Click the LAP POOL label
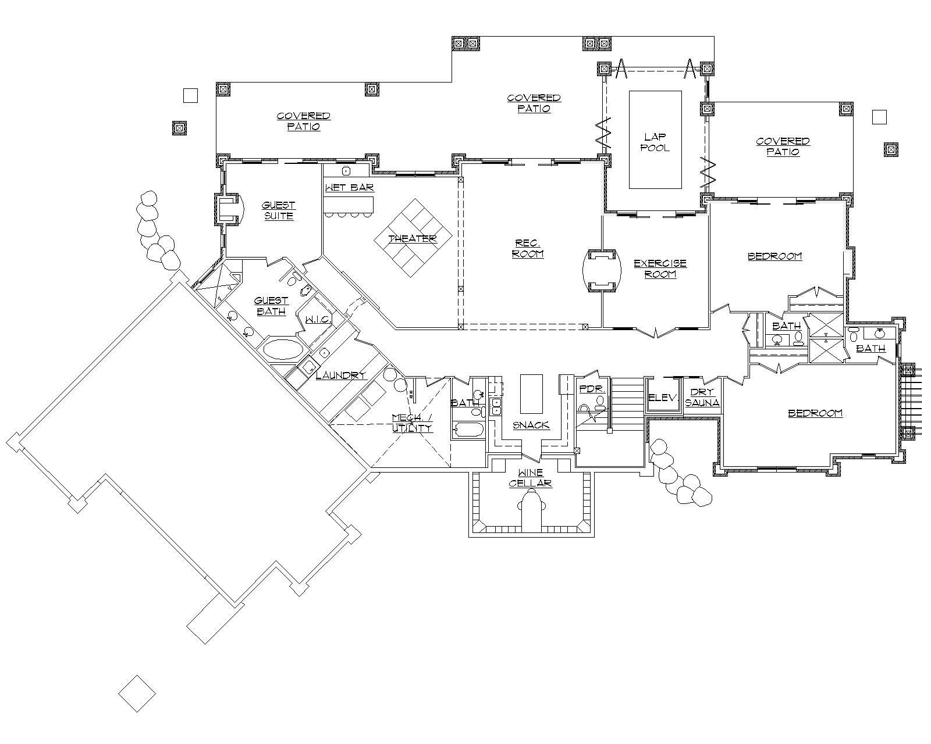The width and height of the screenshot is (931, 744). pyautogui.click(x=655, y=142)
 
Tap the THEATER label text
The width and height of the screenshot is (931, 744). pyautogui.click(x=412, y=239)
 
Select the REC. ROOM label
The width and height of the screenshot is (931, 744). pyautogui.click(x=528, y=248)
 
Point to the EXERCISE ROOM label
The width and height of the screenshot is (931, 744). pyautogui.click(x=660, y=269)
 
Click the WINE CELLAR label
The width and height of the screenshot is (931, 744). pyautogui.click(x=530, y=478)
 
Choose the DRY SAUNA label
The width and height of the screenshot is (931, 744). pyautogui.click(x=702, y=398)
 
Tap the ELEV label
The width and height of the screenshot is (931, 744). pyautogui.click(x=663, y=398)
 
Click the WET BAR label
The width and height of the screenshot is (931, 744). pyautogui.click(x=349, y=188)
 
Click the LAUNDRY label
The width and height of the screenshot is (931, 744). pyautogui.click(x=340, y=375)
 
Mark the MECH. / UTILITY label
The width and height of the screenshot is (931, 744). pyautogui.click(x=412, y=423)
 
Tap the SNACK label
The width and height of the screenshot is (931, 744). pyautogui.click(x=531, y=425)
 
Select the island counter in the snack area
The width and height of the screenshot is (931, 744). pyautogui.click(x=531, y=393)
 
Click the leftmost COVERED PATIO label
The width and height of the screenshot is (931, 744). pyautogui.click(x=303, y=121)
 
